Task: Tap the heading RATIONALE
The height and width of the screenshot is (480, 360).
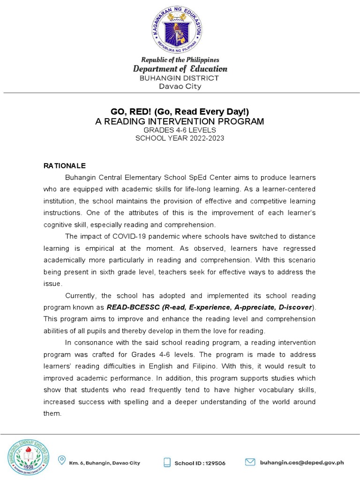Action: (x=65, y=166)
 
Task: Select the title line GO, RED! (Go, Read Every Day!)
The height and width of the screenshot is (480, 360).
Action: (x=180, y=111)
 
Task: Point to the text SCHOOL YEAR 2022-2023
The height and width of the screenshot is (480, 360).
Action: (x=180, y=138)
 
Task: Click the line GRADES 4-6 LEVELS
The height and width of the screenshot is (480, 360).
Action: (x=180, y=130)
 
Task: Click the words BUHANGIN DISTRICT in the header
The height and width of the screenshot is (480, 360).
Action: (x=180, y=78)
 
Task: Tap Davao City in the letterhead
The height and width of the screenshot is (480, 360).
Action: (x=180, y=86)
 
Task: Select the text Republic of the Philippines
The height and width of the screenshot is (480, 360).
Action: (x=180, y=60)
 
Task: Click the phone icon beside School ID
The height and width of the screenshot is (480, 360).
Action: (x=166, y=463)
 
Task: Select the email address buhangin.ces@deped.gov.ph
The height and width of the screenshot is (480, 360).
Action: (x=302, y=462)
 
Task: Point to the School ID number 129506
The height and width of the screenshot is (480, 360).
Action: (x=215, y=463)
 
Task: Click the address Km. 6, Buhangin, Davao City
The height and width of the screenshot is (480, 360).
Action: (x=105, y=463)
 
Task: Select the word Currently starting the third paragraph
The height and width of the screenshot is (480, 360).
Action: (x=81, y=296)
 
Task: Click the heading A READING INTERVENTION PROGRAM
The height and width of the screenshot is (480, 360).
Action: (x=180, y=121)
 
